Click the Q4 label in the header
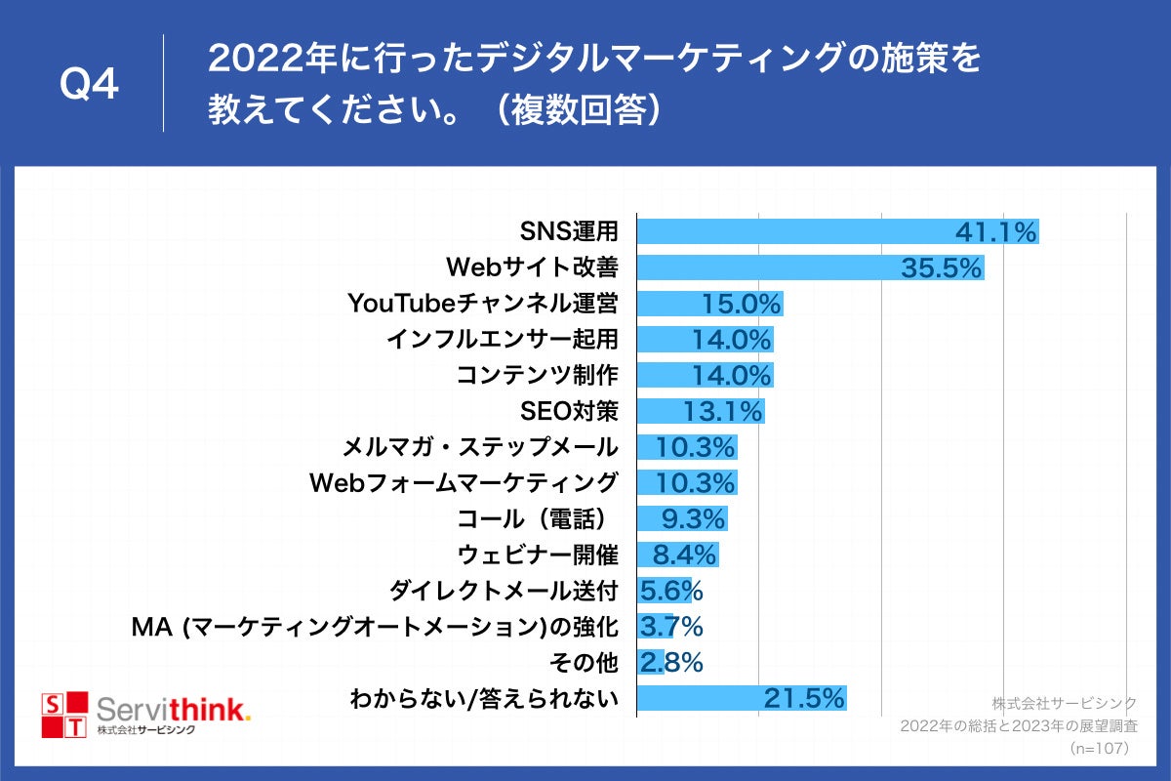[89, 86]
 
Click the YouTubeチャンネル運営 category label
[483, 304]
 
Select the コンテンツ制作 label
[538, 375]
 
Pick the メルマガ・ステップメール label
[480, 447]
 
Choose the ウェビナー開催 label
[538, 555]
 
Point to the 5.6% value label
[671, 591]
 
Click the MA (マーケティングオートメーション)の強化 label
[375, 627]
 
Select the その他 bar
[650, 662]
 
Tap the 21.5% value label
[804, 698]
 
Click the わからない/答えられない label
[484, 698]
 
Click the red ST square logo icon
[62, 716]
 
